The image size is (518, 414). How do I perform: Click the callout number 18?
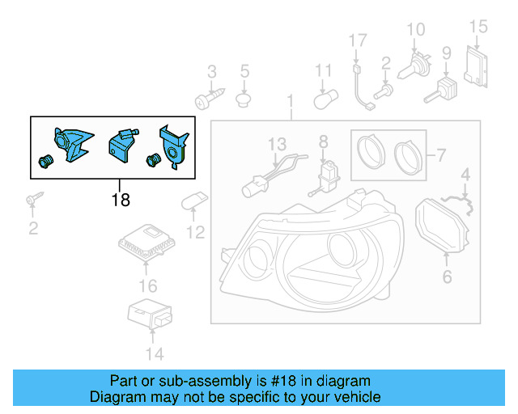120,199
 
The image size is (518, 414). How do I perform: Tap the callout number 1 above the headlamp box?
290,103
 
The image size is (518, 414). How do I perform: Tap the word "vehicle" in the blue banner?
351,397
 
